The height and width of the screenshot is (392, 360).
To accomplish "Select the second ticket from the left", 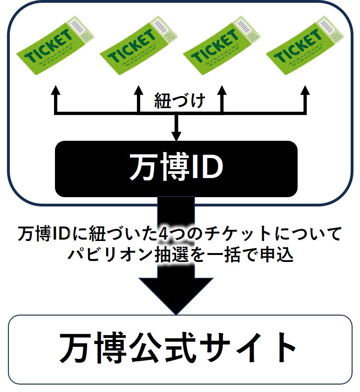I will [138, 45].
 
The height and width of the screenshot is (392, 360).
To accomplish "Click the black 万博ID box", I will [176, 168].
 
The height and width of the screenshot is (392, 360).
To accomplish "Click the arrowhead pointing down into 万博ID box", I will [176, 136].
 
